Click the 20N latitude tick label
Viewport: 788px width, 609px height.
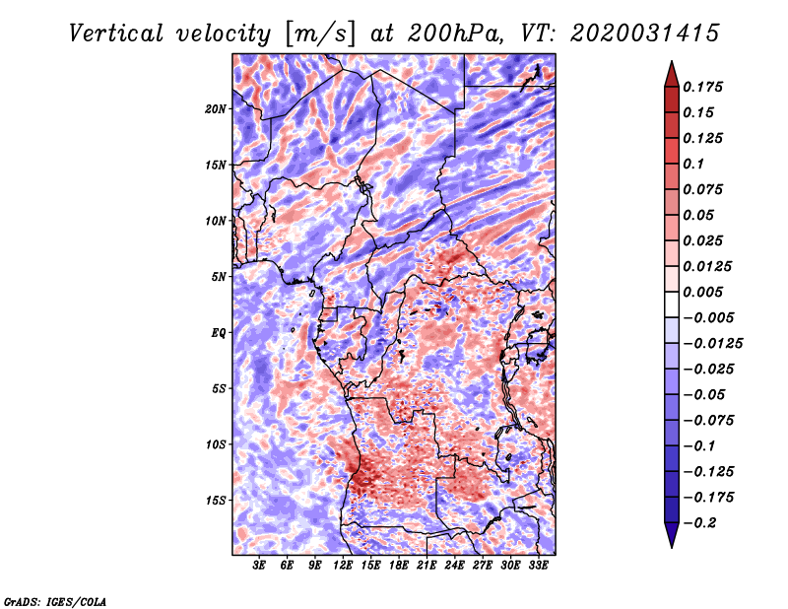(216, 108)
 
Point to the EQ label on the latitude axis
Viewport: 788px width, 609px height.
(218, 332)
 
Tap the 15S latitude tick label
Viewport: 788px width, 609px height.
(216, 500)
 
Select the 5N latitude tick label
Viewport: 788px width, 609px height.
(219, 276)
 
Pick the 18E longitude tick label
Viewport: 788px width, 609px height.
(399, 567)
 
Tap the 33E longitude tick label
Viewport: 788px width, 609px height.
(538, 567)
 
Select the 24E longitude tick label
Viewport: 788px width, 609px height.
(454, 567)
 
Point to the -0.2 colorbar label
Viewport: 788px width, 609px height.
(703, 522)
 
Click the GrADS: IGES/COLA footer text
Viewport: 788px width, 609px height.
(54, 600)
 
